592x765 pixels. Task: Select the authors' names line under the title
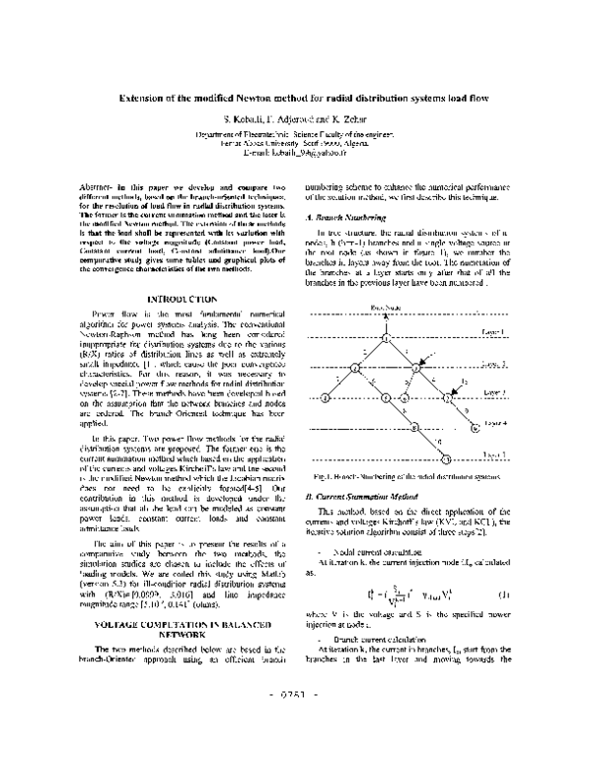click(295, 119)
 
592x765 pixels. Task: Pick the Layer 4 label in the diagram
click(494, 423)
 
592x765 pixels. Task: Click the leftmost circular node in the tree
click(325, 397)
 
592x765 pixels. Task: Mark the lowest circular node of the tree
click(445, 458)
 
